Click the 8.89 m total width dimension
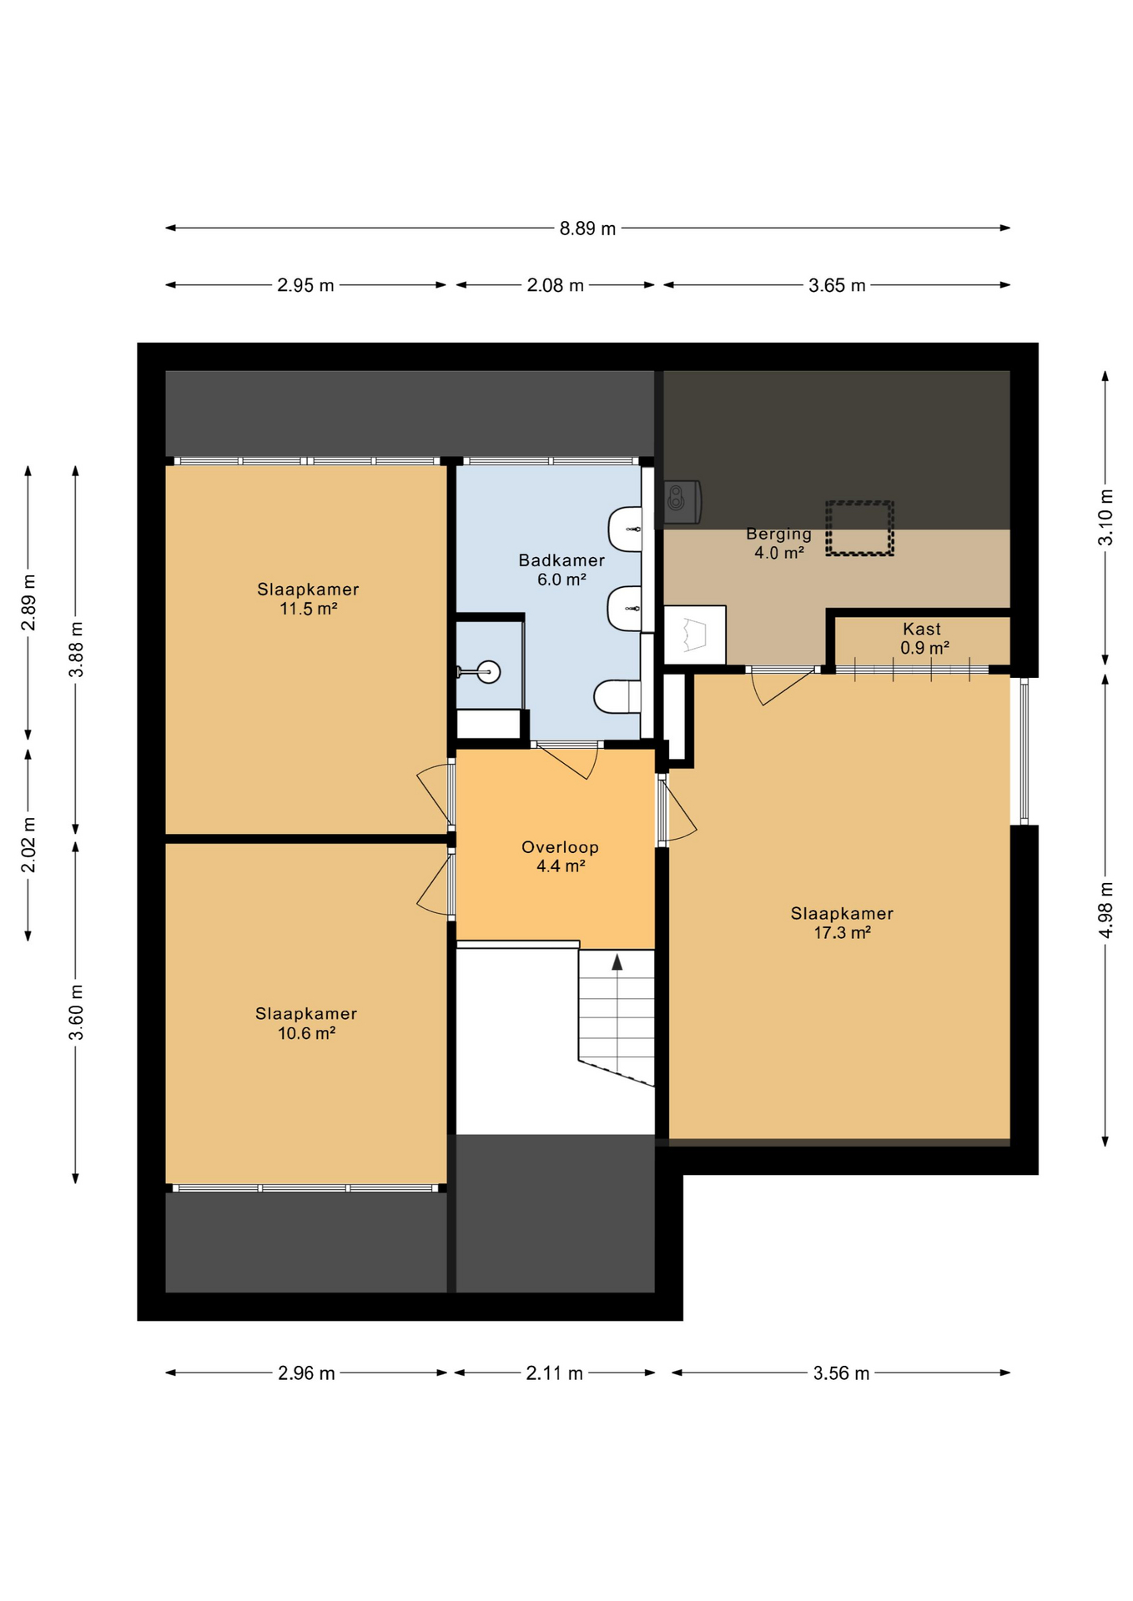(x=587, y=228)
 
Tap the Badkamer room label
(x=561, y=560)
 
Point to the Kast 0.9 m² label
(x=924, y=639)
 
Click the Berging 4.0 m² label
(x=779, y=543)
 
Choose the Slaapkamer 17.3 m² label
(x=842, y=923)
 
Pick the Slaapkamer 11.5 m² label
(x=308, y=599)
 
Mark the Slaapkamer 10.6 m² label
(x=306, y=1023)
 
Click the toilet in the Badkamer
(x=617, y=696)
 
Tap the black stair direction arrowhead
(x=617, y=962)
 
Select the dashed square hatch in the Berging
(x=859, y=529)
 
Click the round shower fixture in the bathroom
(x=488, y=671)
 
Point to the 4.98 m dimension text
(x=1105, y=909)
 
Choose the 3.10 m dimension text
(x=1105, y=517)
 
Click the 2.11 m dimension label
(x=554, y=1373)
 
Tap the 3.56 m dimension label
(x=841, y=1373)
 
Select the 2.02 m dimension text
(x=28, y=845)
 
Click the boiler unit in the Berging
(x=682, y=502)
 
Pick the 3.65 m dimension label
(x=837, y=286)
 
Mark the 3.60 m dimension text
(x=76, y=1012)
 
